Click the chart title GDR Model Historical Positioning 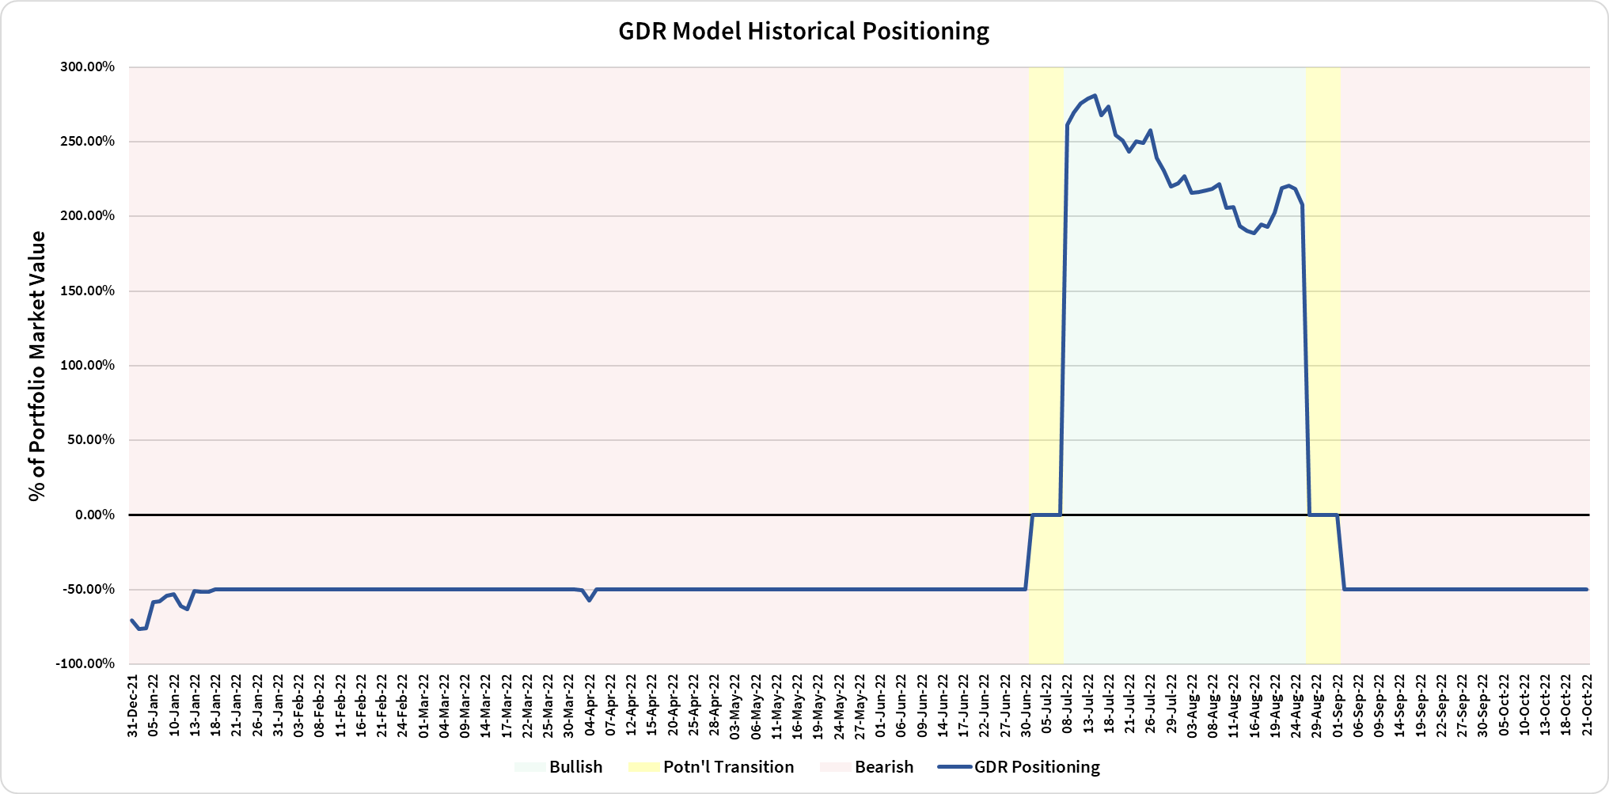pos(803,32)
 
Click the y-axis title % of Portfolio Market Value pos(36,366)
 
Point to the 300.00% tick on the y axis pos(88,67)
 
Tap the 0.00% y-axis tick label pos(95,515)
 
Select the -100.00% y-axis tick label pos(85,664)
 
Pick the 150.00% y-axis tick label pos(88,291)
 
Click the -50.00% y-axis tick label pos(88,590)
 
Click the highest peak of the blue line pos(1094,96)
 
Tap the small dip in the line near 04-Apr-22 pos(589,600)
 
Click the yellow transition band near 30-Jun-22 pos(1045,317)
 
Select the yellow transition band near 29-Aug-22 pos(1322,317)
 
